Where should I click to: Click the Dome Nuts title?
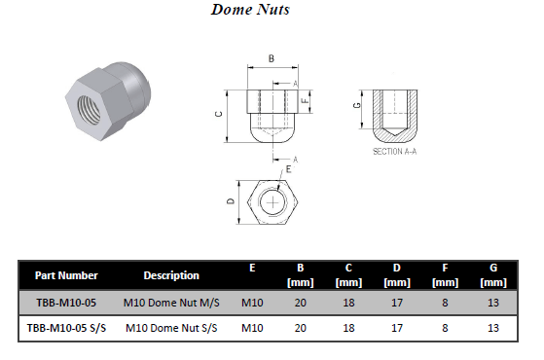250,10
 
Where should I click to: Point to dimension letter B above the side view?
272,58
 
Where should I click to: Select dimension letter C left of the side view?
219,114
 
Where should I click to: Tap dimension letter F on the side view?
305,100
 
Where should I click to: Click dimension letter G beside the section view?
357,105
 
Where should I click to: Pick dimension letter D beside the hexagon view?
231,200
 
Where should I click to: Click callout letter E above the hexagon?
288,169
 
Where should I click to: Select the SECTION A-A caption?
394,151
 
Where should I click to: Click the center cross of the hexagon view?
273,202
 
